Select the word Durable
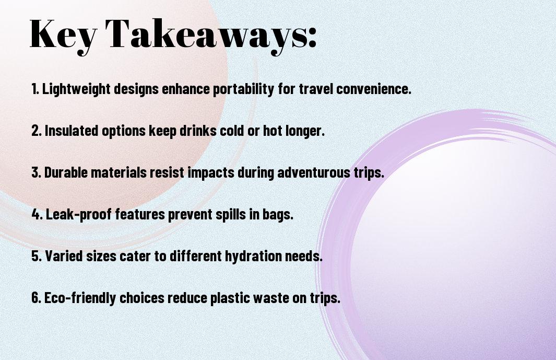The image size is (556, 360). [66, 172]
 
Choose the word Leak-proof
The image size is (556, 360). [78, 214]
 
